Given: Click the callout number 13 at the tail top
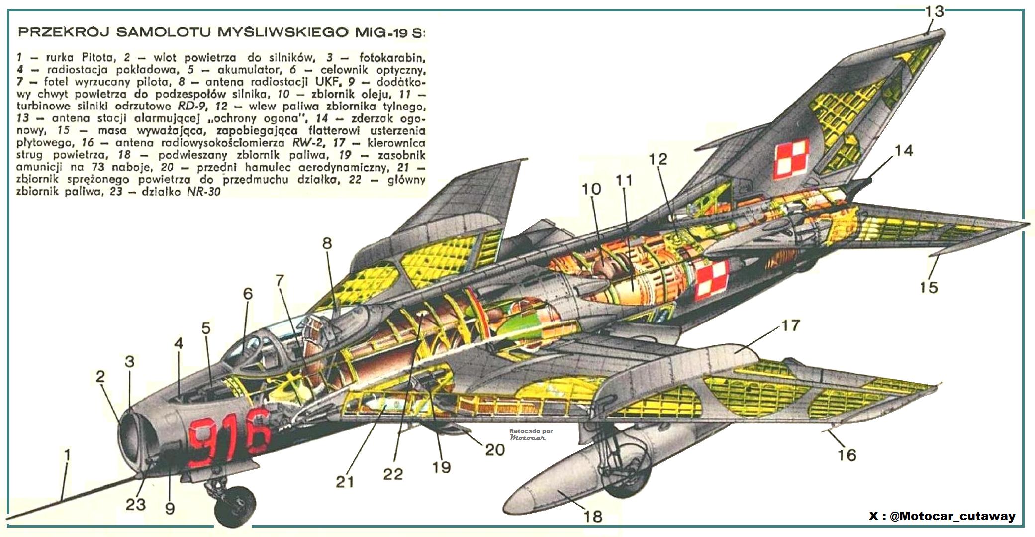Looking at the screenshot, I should tap(934, 11).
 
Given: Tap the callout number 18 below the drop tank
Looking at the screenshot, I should tap(592, 516).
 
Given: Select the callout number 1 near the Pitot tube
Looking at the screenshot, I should tap(67, 455).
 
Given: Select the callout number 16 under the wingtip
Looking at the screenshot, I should tap(847, 455).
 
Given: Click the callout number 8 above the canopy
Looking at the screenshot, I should tap(327, 243).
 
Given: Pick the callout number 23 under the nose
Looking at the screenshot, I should tap(135, 504).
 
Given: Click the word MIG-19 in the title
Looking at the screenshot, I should tap(382, 33).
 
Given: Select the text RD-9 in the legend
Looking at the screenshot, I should tap(188, 106).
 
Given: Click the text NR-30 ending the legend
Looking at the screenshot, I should tap(203, 192).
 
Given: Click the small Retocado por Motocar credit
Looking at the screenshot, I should tap(530, 434).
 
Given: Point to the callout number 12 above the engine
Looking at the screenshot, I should tap(658, 159).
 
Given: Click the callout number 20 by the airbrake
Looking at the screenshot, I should tap(495, 449).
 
